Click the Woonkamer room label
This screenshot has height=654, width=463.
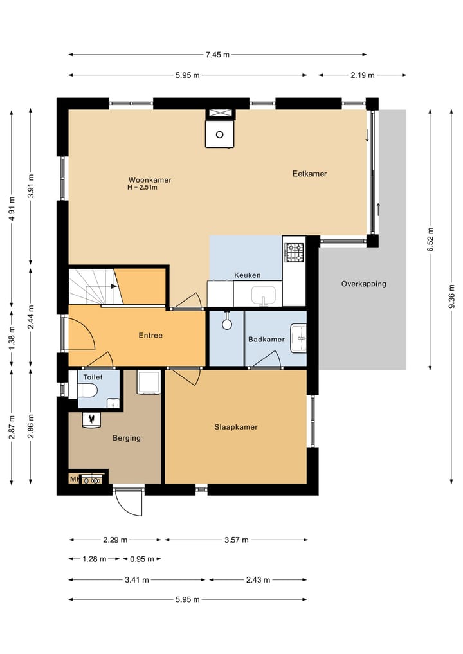(x=150, y=180)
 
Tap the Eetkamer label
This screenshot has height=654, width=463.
(x=309, y=174)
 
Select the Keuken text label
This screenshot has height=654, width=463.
(x=248, y=275)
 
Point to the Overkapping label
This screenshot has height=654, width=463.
(x=364, y=284)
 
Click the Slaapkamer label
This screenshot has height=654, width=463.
(x=236, y=427)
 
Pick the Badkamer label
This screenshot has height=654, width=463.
(x=266, y=340)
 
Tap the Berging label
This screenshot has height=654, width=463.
(x=127, y=438)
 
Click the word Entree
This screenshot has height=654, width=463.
(x=150, y=335)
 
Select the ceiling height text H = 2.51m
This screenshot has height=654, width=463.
(x=142, y=188)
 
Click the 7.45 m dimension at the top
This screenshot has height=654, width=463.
(x=217, y=55)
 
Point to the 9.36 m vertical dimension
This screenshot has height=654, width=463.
(x=452, y=296)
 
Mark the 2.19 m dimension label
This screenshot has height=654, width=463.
(x=363, y=75)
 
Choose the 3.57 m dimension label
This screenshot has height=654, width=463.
(x=237, y=540)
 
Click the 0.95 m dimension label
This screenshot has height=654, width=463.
(x=142, y=559)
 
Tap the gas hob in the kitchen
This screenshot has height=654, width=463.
(x=295, y=252)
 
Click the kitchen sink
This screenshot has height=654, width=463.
(x=263, y=295)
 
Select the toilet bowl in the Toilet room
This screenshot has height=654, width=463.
(x=87, y=391)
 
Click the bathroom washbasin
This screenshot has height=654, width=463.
(x=298, y=338)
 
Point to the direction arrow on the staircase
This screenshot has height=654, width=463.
(x=113, y=286)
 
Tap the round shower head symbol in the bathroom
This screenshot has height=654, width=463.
(x=227, y=324)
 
